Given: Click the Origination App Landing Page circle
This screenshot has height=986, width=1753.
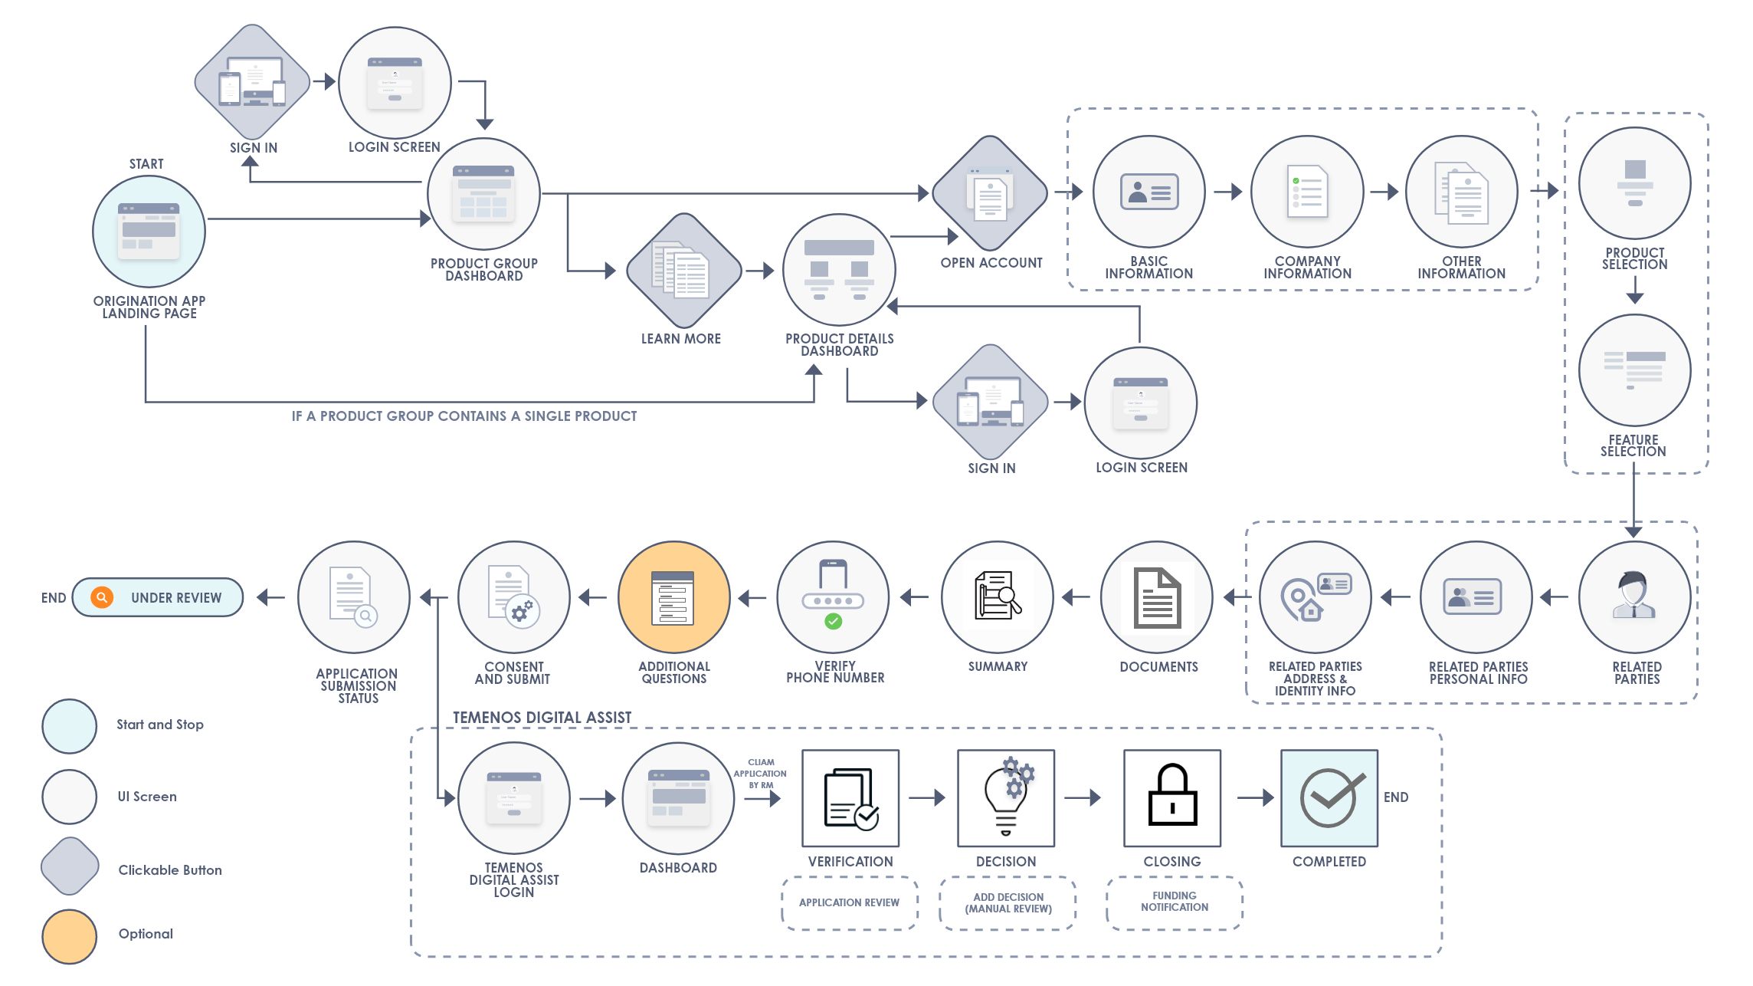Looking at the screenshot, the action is (x=149, y=232).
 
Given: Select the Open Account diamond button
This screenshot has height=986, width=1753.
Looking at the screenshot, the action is (x=990, y=193).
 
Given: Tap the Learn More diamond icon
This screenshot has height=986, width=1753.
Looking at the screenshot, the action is (x=683, y=271).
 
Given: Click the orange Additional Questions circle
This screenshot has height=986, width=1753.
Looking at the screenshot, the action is (x=673, y=597).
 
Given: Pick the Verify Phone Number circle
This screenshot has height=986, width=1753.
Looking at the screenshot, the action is (x=833, y=597).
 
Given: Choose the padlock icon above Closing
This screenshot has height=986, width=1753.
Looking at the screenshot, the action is (x=1172, y=797).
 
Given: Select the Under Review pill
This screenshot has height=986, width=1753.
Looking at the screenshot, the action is (x=158, y=597).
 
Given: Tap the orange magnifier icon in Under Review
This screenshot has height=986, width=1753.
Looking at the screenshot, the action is (x=102, y=597).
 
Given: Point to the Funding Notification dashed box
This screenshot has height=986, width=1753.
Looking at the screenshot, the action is (x=1175, y=902).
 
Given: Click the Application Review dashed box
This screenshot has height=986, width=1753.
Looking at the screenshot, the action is (x=850, y=902).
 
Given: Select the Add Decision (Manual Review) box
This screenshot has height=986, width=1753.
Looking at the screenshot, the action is (x=1008, y=902).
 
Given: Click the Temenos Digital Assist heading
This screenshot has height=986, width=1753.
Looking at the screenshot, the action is (x=542, y=718).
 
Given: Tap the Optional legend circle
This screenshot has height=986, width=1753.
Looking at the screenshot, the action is (x=70, y=936).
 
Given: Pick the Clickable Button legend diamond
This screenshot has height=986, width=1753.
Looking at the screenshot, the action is (x=70, y=866).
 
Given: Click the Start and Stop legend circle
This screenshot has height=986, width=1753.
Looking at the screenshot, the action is (x=70, y=726).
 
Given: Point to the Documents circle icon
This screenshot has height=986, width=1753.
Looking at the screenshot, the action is (x=1157, y=597).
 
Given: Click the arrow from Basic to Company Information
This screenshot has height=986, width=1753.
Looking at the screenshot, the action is (x=1228, y=192).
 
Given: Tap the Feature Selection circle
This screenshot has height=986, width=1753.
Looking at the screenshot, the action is (x=1635, y=370).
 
